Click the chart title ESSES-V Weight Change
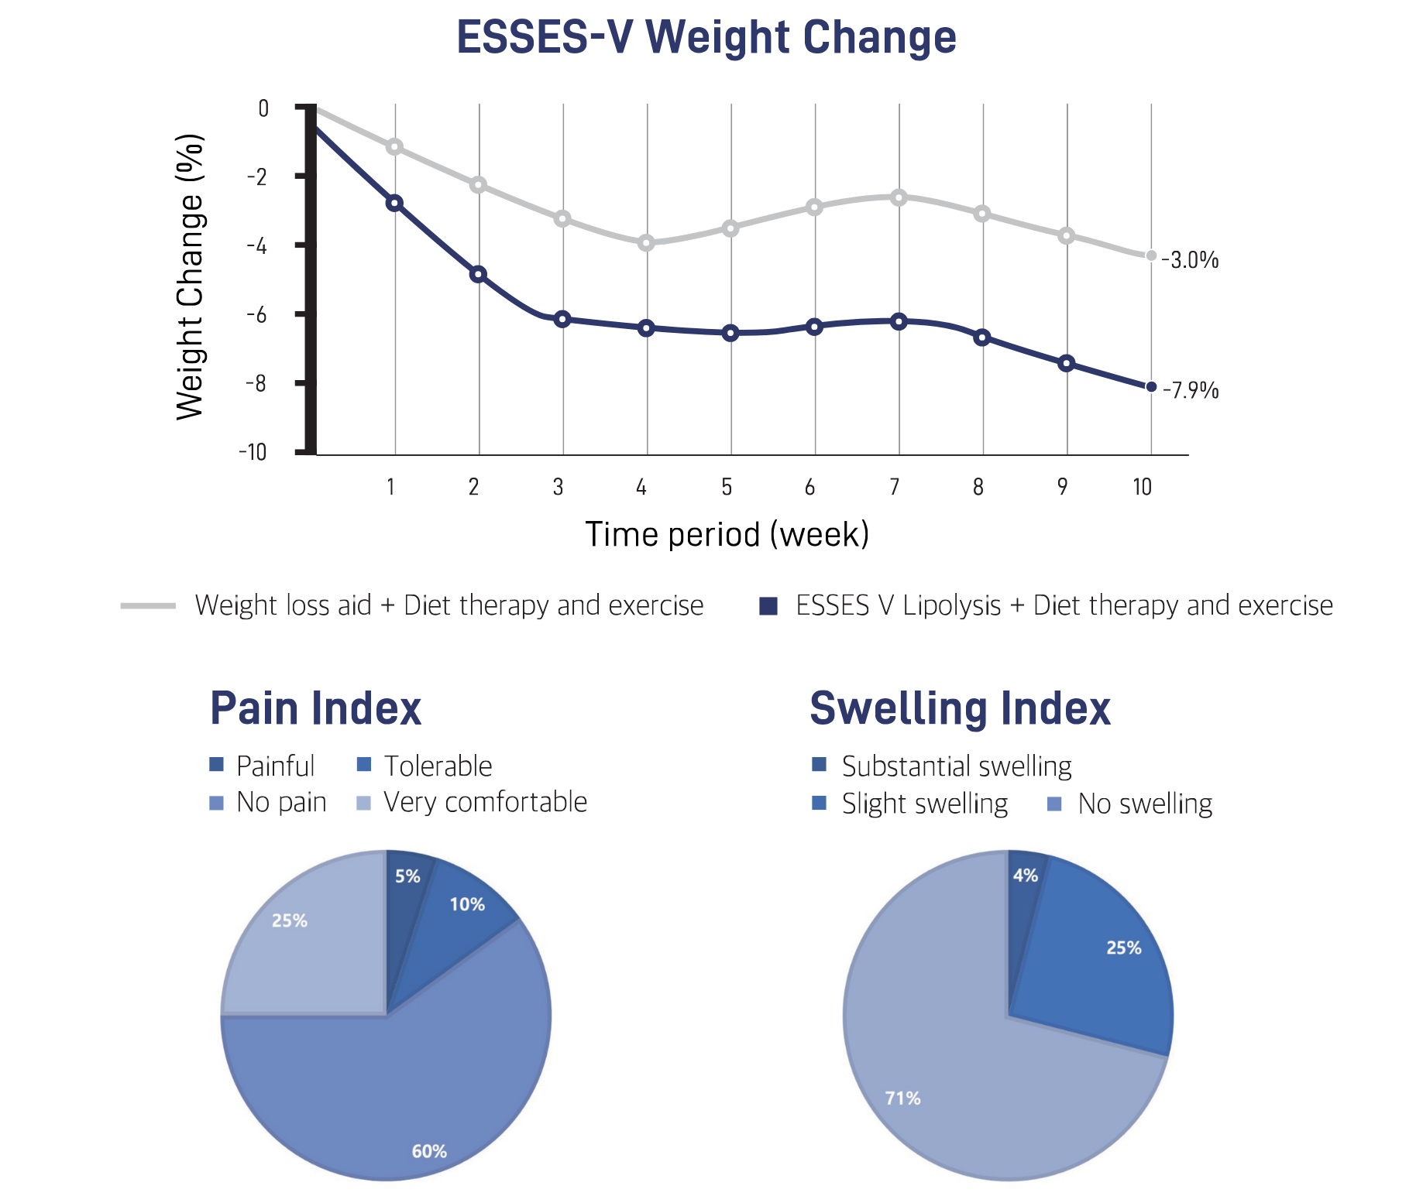[x=706, y=36]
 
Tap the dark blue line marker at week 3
[x=562, y=319]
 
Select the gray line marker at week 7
[x=899, y=197]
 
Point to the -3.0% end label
[x=1191, y=260]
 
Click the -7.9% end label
[x=1191, y=390]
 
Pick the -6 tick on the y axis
[x=256, y=314]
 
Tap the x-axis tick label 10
[x=1142, y=487]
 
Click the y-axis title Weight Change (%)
[x=190, y=277]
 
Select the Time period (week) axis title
[x=727, y=534]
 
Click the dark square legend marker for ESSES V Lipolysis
[x=768, y=605]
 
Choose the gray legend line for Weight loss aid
[x=148, y=605]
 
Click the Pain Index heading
[x=315, y=708]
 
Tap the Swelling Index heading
[x=960, y=708]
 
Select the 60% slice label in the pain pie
[x=429, y=1151]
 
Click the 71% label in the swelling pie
[x=902, y=1098]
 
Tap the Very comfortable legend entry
[x=472, y=802]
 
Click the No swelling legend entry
[x=1129, y=804]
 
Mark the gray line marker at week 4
[x=646, y=243]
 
